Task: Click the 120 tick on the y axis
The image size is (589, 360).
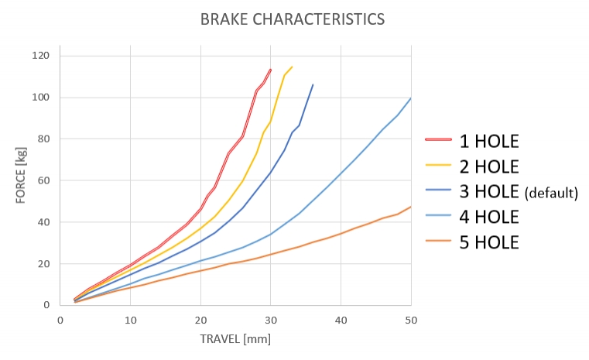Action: click(x=41, y=56)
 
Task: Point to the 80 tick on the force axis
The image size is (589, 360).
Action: click(x=43, y=139)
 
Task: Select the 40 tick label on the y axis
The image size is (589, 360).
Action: click(x=43, y=222)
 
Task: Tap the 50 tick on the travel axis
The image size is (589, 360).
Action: click(x=410, y=318)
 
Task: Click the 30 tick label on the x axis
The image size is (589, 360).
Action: click(x=270, y=318)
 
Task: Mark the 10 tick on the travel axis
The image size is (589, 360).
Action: click(x=130, y=318)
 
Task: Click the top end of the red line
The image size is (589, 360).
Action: click(x=270, y=69)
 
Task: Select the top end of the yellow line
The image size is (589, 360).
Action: click(x=292, y=67)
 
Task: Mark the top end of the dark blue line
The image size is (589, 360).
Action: click(x=313, y=84)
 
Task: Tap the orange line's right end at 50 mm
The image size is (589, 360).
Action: click(x=410, y=207)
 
